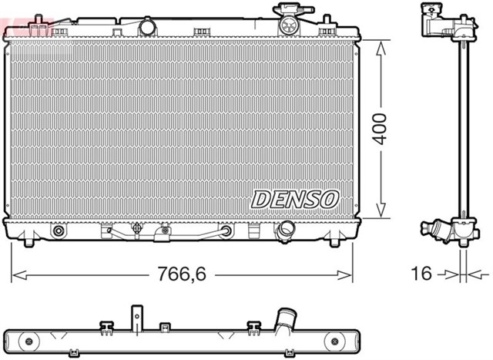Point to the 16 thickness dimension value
point(421,274)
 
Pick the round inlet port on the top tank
point(148,27)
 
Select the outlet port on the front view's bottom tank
point(287,230)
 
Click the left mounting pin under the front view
point(29,243)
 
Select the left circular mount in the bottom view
point(29,340)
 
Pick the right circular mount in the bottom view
point(334,340)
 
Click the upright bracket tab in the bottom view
point(136,315)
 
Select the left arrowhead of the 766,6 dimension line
point(15,274)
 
